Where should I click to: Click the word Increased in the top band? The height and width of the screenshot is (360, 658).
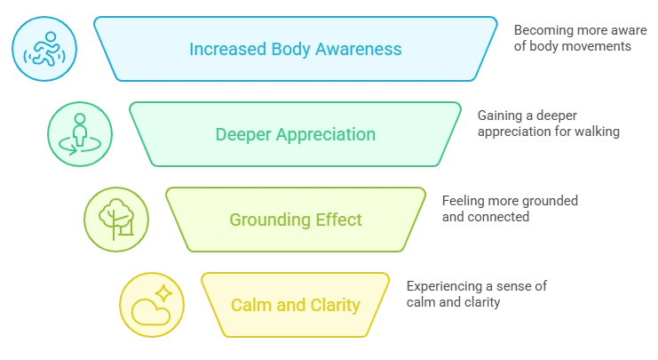click(222, 48)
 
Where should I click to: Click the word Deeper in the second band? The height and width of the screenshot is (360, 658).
click(244, 135)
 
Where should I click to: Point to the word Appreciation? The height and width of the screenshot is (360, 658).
click(326, 135)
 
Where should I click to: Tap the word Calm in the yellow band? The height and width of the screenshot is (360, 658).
click(250, 305)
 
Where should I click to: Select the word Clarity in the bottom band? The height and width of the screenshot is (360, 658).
click(330, 305)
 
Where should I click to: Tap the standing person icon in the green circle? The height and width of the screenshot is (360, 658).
click(80, 133)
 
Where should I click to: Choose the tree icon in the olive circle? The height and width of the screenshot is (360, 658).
click(115, 219)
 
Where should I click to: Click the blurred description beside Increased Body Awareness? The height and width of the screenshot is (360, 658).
click(576, 39)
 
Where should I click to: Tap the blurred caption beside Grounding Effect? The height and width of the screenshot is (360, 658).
click(511, 208)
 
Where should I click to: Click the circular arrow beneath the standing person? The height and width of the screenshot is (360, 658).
click(80, 147)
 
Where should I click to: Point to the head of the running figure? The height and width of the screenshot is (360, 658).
click(50, 37)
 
